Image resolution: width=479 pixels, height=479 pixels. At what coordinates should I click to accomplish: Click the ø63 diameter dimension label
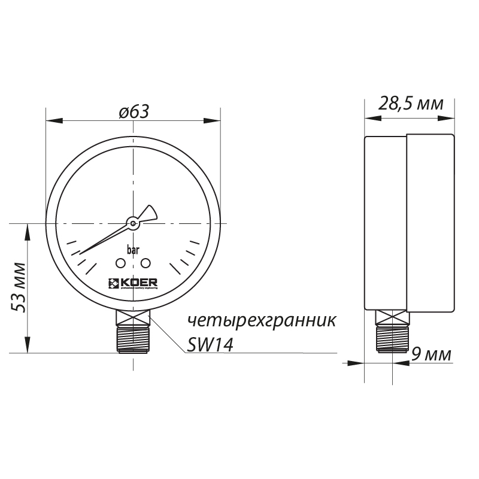pos(133,112)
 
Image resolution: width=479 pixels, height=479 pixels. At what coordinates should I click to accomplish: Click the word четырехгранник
pos(262,320)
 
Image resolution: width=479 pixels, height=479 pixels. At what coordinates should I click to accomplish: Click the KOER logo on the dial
pos(132,284)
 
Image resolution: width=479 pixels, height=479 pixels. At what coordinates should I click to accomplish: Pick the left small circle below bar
pos(120,263)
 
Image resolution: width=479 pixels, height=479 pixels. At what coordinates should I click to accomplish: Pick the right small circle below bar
pos(145,263)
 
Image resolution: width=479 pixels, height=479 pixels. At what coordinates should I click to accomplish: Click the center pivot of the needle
pos(132,224)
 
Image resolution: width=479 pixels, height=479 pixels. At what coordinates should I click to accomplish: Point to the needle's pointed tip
pos(81,252)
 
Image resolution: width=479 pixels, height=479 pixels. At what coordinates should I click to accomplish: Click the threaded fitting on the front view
pos(133,338)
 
